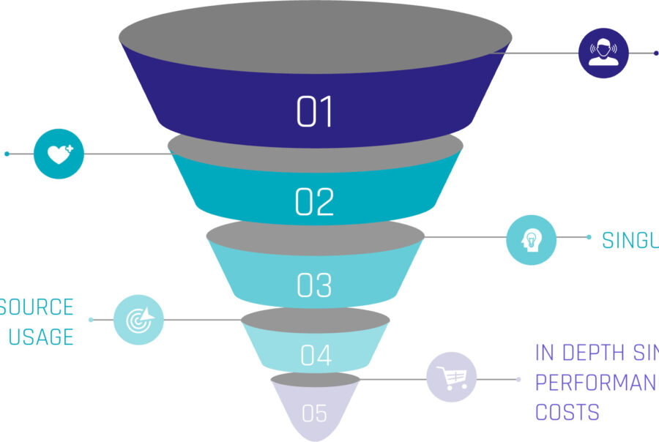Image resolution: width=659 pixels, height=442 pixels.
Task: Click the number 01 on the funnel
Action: coord(315,112)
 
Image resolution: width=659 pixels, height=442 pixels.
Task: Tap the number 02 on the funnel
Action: coord(315,202)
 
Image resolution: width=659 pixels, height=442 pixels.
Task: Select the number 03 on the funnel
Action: coord(315,285)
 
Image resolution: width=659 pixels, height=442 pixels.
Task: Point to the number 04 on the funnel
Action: coord(316,356)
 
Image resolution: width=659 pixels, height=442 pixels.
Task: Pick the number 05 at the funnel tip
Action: coord(314,413)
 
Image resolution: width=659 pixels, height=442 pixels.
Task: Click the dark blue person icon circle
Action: coord(603,52)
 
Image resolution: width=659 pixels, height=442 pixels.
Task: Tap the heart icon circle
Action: coord(59,154)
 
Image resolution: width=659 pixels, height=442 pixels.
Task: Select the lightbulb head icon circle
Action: coord(532,239)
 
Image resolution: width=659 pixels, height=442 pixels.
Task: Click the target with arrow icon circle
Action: coord(138,320)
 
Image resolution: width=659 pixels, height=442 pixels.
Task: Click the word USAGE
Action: coord(41,337)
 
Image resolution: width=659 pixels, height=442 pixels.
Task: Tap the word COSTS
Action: coord(567,411)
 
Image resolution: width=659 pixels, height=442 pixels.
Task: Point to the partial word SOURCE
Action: coord(37,307)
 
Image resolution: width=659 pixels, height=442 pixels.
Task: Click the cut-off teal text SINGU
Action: coord(630,240)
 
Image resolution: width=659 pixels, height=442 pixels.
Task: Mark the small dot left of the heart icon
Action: coord(7,154)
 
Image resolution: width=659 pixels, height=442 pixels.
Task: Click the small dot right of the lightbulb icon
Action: coord(589,237)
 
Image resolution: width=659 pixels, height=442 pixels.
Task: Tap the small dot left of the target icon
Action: coord(91,320)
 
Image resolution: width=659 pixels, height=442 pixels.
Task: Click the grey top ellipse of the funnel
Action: coord(315,37)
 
